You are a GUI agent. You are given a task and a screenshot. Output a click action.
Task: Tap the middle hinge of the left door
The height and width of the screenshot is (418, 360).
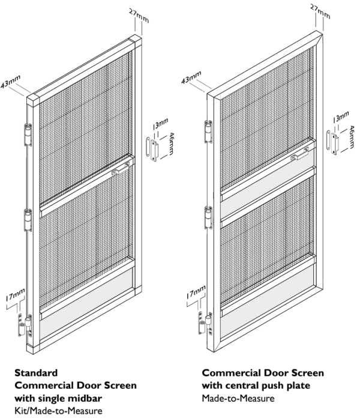click(x=27, y=219)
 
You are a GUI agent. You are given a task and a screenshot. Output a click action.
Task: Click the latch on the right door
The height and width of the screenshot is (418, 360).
click(x=298, y=156)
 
